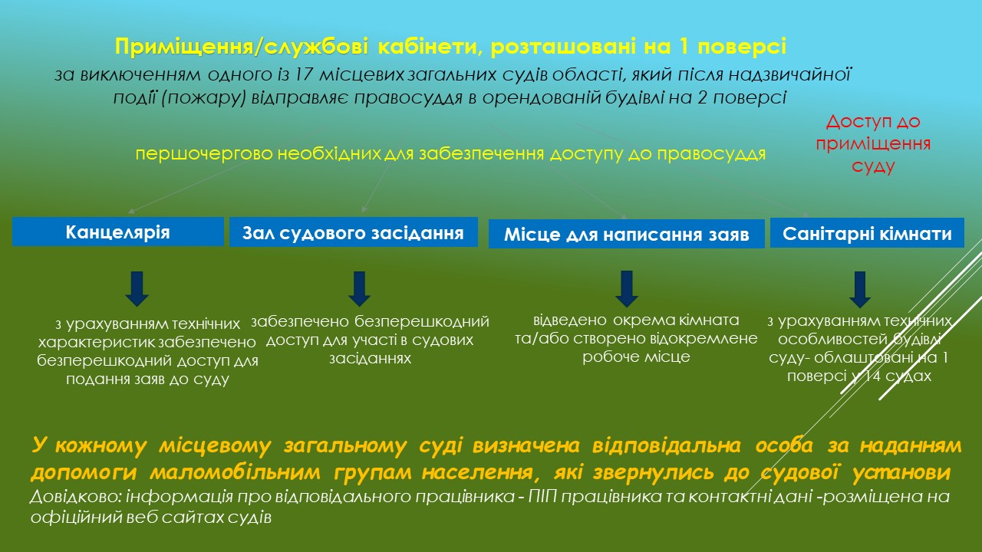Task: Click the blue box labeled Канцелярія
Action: (x=118, y=232)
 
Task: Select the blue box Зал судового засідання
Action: (x=354, y=232)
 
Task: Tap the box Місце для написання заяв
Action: (x=627, y=234)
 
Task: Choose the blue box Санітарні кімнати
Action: (x=867, y=232)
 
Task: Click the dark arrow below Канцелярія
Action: (x=137, y=288)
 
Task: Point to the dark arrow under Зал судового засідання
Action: (x=360, y=288)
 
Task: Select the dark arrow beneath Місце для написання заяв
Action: (x=627, y=288)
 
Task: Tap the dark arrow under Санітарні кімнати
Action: (x=860, y=289)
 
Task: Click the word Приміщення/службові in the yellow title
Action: (x=241, y=47)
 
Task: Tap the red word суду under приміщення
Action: (x=873, y=166)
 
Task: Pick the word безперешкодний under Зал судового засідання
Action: (x=422, y=321)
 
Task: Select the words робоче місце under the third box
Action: (x=636, y=357)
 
